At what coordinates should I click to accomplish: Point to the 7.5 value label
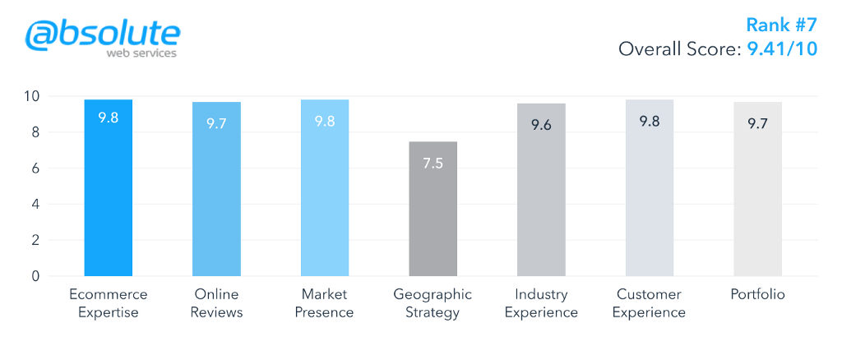click(x=433, y=163)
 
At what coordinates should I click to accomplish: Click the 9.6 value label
click(x=541, y=125)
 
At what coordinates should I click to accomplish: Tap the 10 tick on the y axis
click(x=31, y=96)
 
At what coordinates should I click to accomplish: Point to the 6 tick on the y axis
click(x=35, y=168)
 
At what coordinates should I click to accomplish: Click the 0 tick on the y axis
click(x=35, y=276)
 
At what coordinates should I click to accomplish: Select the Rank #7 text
click(x=781, y=25)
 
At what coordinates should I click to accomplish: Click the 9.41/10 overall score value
click(x=782, y=49)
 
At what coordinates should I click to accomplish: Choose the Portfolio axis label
click(x=757, y=294)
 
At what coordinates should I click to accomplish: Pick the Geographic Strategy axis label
click(x=433, y=303)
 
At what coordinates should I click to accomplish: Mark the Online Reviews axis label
click(x=216, y=303)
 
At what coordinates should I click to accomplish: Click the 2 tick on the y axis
click(x=35, y=240)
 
